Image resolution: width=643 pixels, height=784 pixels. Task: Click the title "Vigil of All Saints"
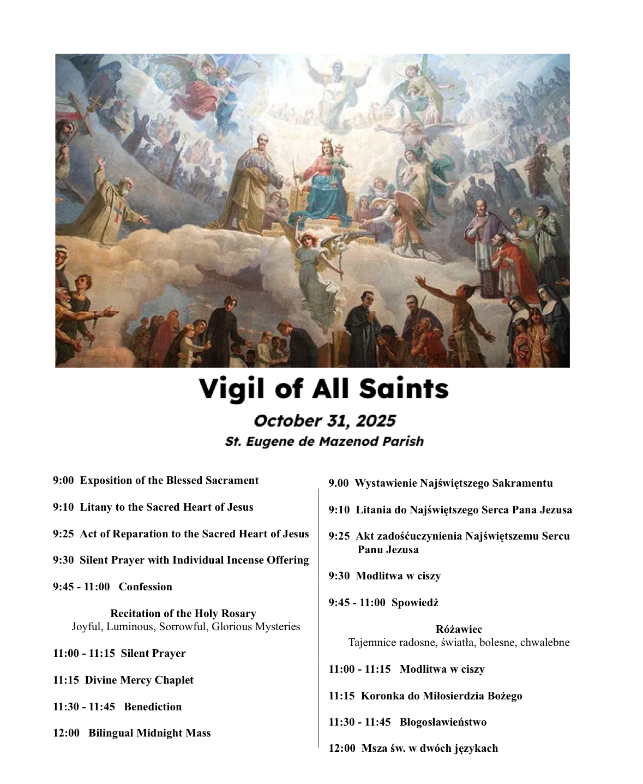(323, 389)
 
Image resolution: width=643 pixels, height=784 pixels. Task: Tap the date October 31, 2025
(324, 421)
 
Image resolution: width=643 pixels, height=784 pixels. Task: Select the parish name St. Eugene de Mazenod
(324, 441)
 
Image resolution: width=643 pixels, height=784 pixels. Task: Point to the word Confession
(145, 587)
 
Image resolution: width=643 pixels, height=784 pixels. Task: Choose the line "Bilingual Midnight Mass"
(149, 733)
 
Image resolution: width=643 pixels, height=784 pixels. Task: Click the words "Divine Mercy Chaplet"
(139, 680)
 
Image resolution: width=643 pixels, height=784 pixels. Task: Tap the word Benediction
(153, 707)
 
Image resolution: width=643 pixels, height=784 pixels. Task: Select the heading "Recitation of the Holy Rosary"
(183, 614)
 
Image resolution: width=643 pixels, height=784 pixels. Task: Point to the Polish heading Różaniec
(459, 630)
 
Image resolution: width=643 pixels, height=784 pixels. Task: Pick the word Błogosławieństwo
(443, 722)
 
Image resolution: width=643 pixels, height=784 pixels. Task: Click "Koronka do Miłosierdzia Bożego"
(441, 696)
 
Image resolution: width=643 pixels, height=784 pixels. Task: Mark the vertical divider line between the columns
(319, 617)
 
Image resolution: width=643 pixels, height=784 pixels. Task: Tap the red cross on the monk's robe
(117, 211)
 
